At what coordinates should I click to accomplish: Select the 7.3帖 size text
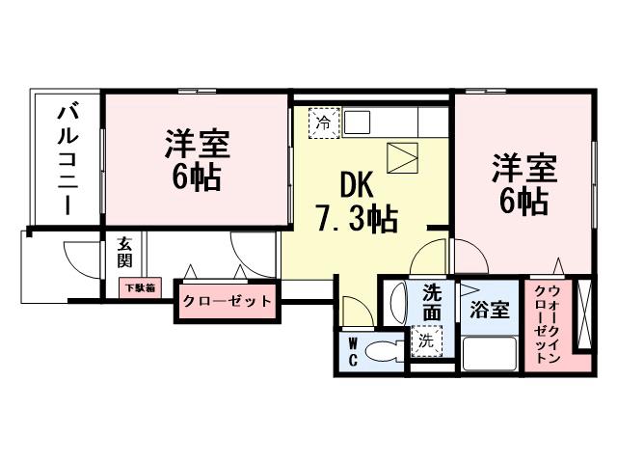coord(357,220)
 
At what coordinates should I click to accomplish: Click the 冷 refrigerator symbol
coord(324,123)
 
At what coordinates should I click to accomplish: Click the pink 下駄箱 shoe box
coord(139,286)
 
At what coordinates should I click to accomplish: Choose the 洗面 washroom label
coord(432,302)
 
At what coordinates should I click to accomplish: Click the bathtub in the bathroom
coord(491,353)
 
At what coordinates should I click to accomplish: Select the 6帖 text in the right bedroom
coord(523,202)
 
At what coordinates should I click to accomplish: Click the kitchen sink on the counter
coord(358,123)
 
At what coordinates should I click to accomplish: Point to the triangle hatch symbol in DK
coord(402,155)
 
